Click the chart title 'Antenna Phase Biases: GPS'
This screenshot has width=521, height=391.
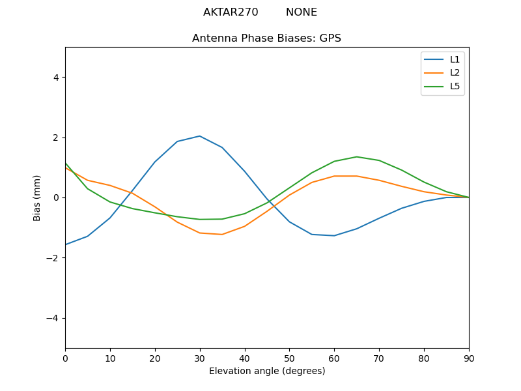coord(266,38)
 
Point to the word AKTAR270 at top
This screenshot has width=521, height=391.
coord(231,12)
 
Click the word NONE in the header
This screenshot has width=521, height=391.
coord(302,12)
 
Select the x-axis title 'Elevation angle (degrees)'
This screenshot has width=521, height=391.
coord(267,371)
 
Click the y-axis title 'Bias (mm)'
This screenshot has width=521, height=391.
coord(37,197)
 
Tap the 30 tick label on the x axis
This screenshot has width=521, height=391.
coord(200,358)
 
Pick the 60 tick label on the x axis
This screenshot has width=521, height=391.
coord(334,358)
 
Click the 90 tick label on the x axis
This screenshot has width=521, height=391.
coord(469,358)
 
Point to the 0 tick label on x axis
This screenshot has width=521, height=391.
coord(65,358)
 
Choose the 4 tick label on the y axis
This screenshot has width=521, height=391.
coord(56,78)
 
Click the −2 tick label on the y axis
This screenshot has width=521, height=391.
coord(53,258)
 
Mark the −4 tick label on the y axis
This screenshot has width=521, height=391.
coord(53,318)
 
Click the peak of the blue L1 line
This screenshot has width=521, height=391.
coord(199,136)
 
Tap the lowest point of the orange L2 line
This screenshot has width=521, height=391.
coord(222,235)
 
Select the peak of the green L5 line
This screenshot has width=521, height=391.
coord(357,156)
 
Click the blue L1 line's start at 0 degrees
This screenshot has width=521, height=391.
coord(66,244)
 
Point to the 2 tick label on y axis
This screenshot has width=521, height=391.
coord(56,138)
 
